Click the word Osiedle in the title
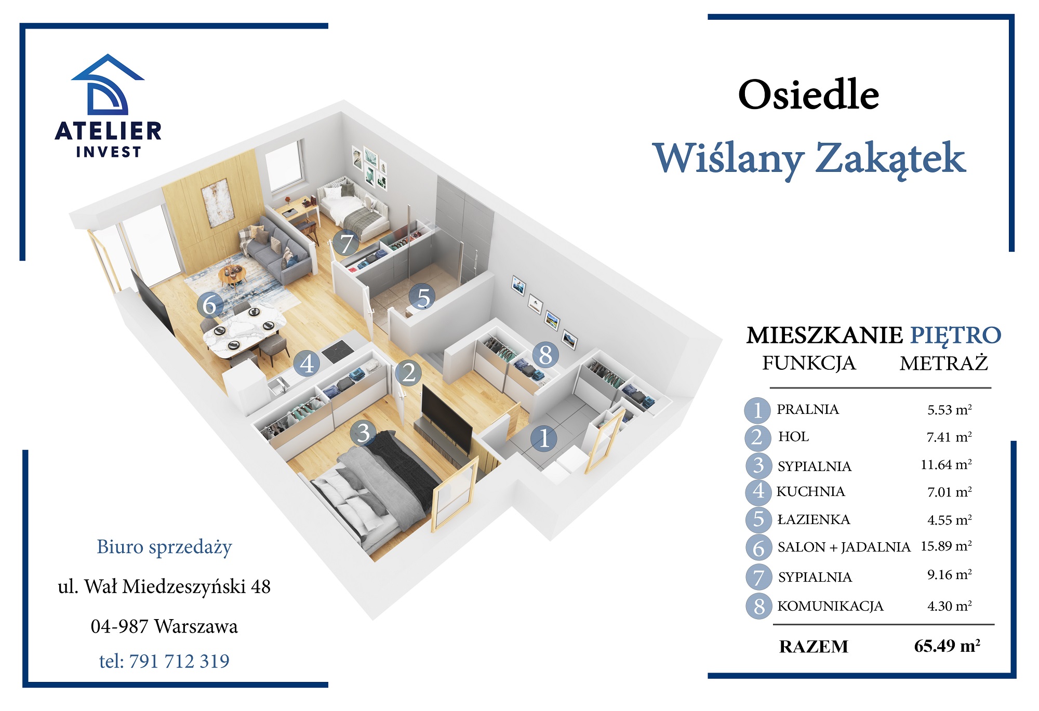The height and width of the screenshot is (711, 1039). click(808, 95)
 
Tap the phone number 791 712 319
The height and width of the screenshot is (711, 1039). click(179, 661)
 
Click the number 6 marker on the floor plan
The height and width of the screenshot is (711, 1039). click(210, 305)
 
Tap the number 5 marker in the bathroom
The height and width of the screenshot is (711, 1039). click(423, 298)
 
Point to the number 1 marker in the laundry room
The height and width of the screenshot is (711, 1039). click(544, 438)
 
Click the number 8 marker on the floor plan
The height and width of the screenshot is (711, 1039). click(545, 355)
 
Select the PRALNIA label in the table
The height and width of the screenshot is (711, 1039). click(807, 409)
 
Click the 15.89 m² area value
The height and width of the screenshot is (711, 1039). click(946, 546)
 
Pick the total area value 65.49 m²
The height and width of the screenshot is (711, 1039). click(947, 646)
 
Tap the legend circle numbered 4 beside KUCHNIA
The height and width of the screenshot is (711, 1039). click(758, 491)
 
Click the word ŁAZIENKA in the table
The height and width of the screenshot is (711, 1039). click(814, 519)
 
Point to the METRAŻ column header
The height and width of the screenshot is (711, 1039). click(943, 363)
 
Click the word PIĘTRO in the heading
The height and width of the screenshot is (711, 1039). click(955, 335)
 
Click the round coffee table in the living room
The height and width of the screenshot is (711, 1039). click(232, 273)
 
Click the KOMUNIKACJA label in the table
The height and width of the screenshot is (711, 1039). click(830, 606)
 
